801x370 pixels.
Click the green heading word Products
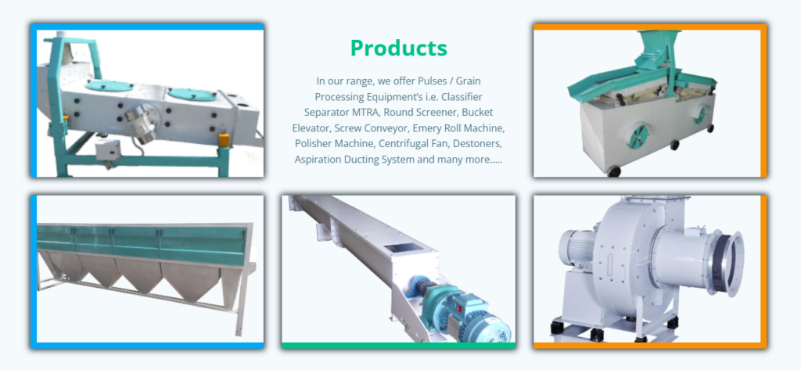[x=398, y=48]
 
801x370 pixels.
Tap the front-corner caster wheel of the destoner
[x=614, y=171]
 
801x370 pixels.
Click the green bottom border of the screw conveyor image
[x=398, y=344]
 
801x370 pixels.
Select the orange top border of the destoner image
[x=649, y=27]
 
